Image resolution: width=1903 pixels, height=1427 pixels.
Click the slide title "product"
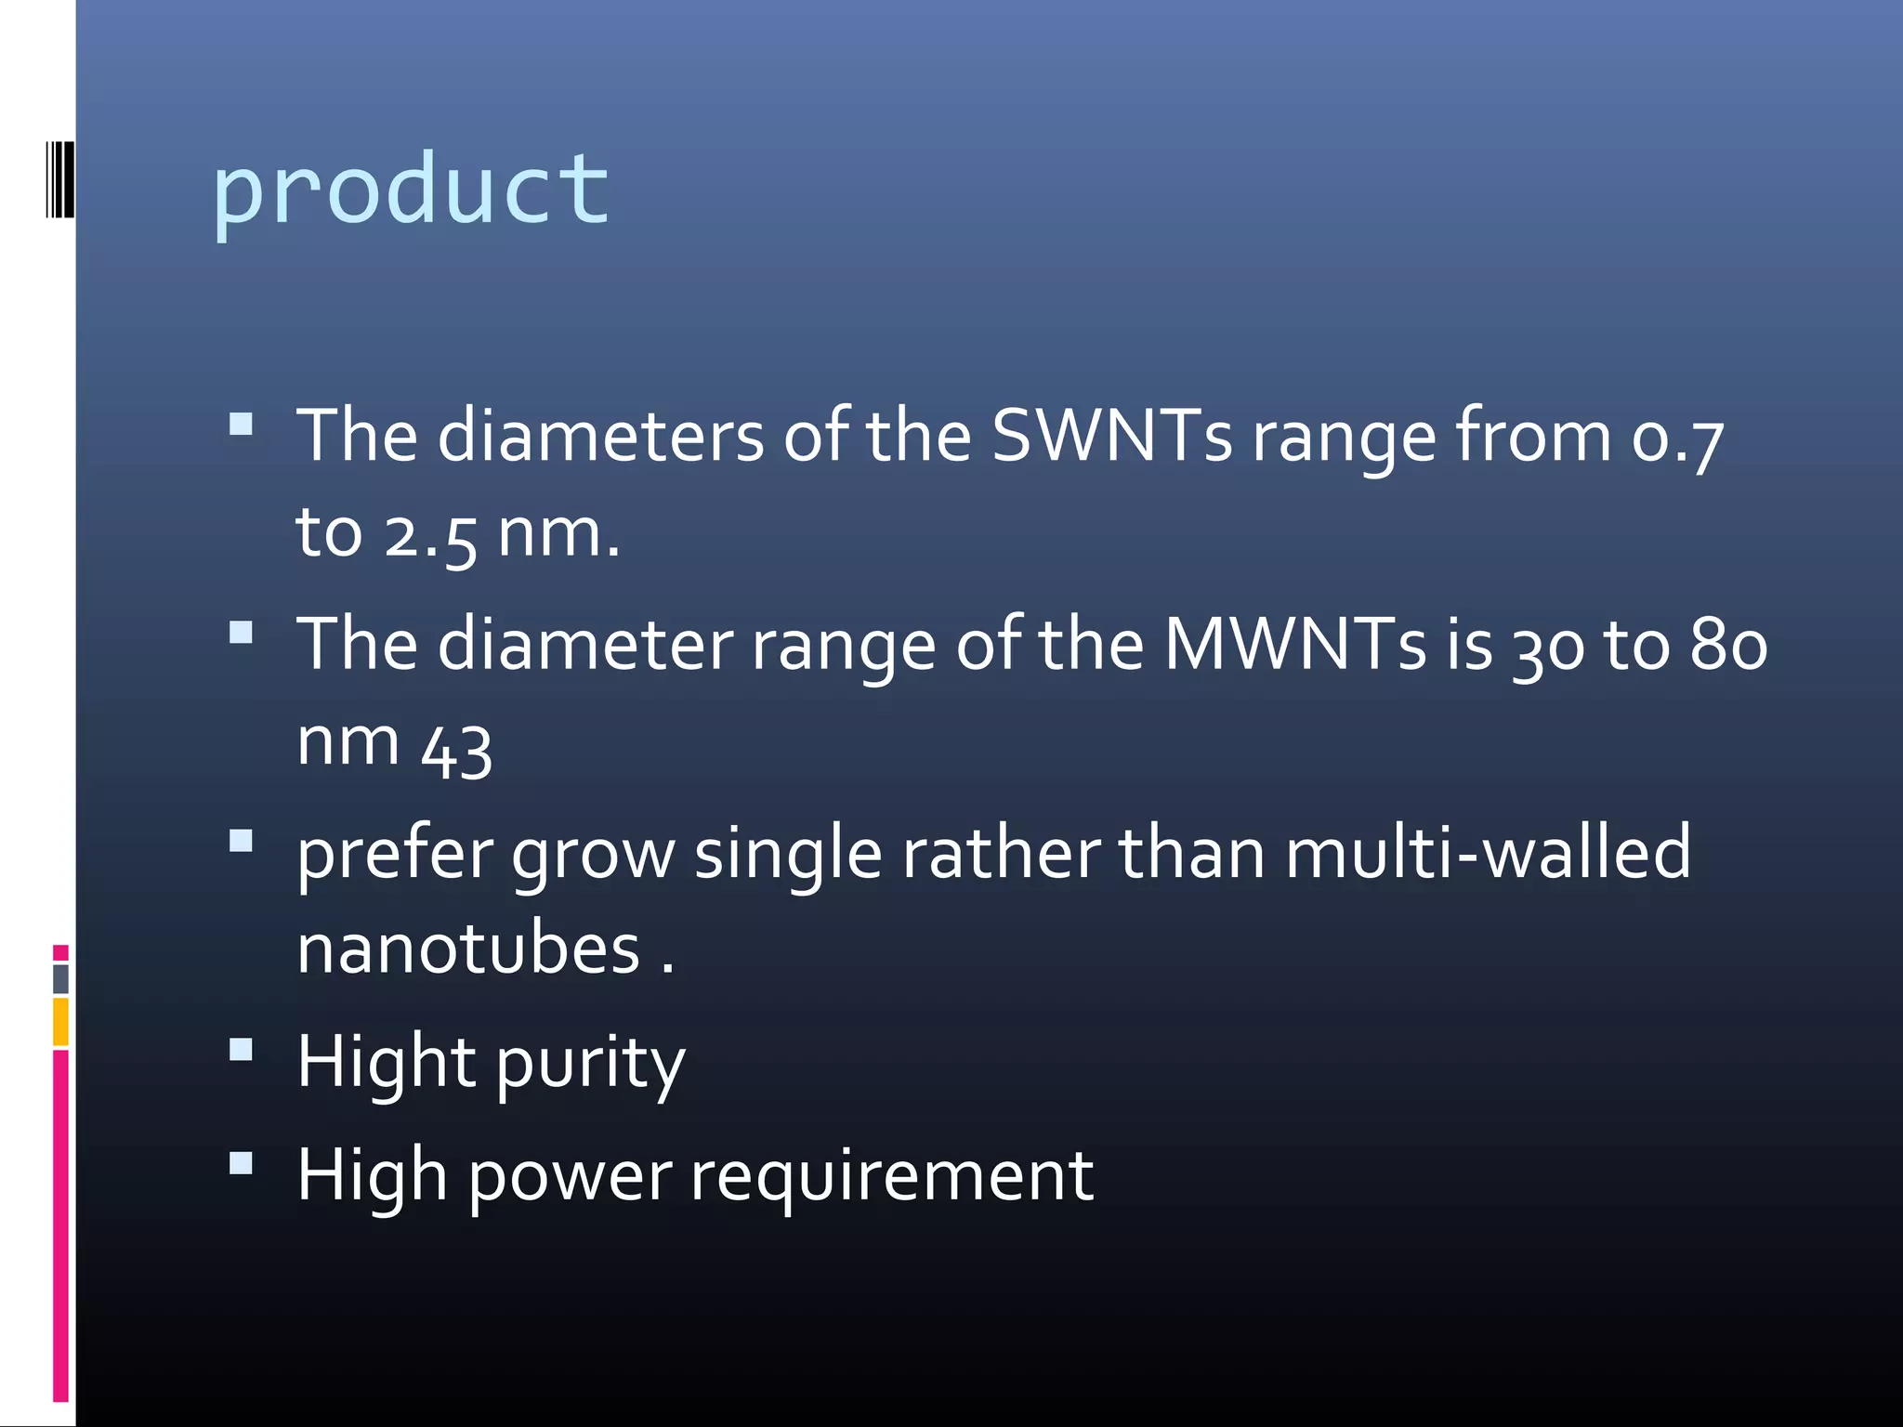coord(411,190)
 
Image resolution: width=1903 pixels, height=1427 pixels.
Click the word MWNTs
coord(1294,644)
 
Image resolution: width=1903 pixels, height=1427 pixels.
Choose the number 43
coord(456,749)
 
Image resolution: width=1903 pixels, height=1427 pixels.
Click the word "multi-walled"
coord(1488,853)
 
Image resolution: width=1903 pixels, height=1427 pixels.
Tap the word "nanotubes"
coord(468,949)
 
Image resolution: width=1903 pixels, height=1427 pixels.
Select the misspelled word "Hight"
coord(387,1062)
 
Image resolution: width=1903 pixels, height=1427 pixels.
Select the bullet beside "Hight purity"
coord(242,1050)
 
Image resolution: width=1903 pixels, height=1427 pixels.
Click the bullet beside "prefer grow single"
coord(242,841)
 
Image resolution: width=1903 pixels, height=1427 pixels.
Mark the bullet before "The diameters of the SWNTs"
coord(242,425)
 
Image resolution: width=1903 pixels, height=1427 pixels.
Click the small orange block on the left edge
coord(60,1021)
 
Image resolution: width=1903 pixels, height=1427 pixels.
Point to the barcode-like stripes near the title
coord(60,179)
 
